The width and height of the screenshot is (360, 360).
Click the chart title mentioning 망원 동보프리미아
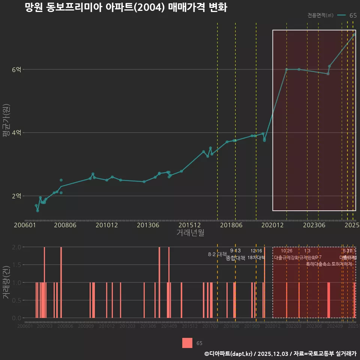click(126, 7)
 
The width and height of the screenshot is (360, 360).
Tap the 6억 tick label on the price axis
click(16, 70)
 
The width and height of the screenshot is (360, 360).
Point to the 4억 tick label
click(16, 133)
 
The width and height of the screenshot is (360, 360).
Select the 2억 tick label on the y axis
click(16, 196)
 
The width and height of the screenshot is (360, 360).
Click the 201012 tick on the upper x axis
click(107, 225)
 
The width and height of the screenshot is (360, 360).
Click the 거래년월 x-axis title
click(190, 232)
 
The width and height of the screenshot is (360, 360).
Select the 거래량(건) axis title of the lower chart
click(6, 282)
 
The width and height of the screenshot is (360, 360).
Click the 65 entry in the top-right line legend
click(353, 15)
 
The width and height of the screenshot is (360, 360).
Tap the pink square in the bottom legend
click(187, 343)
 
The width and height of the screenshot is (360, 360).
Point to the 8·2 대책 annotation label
click(217, 254)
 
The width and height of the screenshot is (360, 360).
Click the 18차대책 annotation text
click(256, 258)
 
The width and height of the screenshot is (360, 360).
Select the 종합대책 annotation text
click(235, 258)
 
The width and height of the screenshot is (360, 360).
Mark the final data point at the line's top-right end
click(354, 35)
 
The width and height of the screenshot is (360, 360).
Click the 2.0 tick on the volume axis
click(17, 247)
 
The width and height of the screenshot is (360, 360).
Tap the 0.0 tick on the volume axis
click(17, 318)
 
